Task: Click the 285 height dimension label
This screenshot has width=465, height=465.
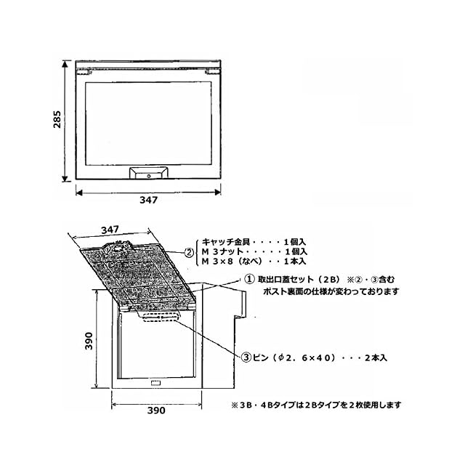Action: tap(57, 124)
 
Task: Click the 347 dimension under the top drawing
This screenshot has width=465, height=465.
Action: tap(148, 201)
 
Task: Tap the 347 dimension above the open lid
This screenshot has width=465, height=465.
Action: tap(110, 230)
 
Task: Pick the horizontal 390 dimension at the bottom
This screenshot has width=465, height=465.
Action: tap(156, 410)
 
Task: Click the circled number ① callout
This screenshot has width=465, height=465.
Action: tap(248, 278)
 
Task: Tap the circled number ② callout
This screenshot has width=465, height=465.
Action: tap(189, 252)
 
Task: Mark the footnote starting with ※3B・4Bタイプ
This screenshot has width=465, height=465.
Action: tap(315, 405)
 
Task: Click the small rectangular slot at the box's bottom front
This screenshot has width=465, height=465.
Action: tap(155, 383)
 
